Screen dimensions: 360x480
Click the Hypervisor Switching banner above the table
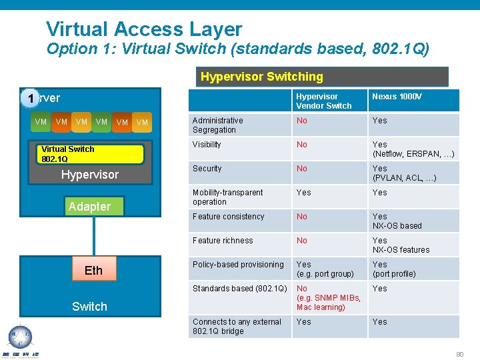tap(324, 77)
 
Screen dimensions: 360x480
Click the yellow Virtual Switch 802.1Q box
tap(91, 154)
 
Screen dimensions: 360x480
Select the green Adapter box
tap(89, 207)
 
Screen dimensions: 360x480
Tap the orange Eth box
tap(93, 270)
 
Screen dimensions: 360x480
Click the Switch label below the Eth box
tap(89, 307)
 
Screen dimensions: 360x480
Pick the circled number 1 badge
tap(29, 98)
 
